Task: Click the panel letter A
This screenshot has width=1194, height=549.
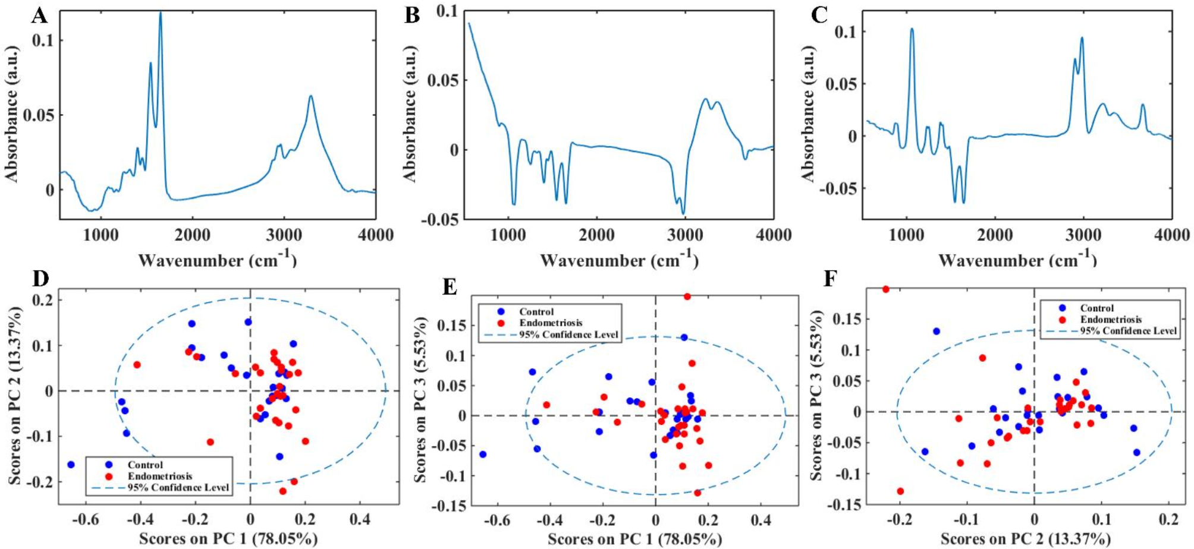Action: (x=39, y=15)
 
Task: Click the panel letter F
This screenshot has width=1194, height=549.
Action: (x=831, y=278)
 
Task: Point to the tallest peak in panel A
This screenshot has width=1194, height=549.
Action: (x=160, y=13)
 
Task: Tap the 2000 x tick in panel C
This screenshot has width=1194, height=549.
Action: (x=995, y=235)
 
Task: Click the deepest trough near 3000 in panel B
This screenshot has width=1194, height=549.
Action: (x=683, y=213)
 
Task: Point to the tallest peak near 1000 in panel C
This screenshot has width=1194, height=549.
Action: (x=912, y=29)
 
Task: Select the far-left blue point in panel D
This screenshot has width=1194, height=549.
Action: (x=71, y=465)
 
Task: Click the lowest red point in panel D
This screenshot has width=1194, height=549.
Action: (x=282, y=491)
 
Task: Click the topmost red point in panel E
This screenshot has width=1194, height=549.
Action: (x=687, y=296)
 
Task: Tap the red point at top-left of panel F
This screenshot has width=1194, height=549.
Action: (x=885, y=289)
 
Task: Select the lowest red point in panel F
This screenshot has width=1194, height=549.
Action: (x=900, y=491)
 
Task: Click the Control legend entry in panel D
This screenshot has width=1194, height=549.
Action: (x=144, y=465)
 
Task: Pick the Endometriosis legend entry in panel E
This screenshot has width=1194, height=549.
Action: (x=550, y=323)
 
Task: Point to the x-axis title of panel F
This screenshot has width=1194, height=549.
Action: (x=1025, y=539)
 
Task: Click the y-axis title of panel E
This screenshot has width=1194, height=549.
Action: (x=420, y=399)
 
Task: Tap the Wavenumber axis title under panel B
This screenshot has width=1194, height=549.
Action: (x=618, y=260)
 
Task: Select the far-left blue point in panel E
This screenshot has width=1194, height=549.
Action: (x=483, y=455)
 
